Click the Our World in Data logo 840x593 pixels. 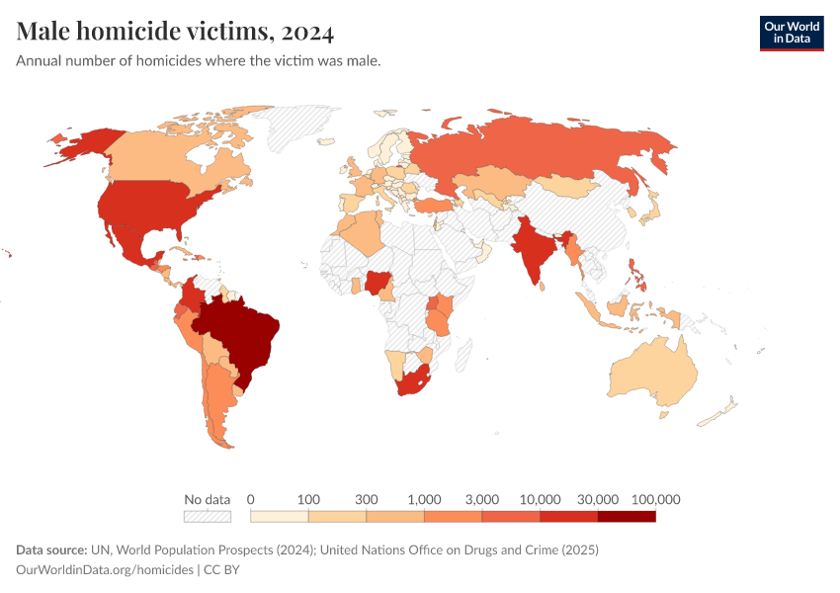pyautogui.click(x=791, y=33)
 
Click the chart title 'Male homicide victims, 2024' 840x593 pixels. pyautogui.click(x=175, y=32)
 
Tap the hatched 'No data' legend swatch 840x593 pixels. pyautogui.click(x=207, y=516)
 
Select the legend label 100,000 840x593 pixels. pyautogui.click(x=655, y=499)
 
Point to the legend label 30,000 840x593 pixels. pyautogui.click(x=598, y=499)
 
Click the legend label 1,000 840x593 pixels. pyautogui.click(x=424, y=499)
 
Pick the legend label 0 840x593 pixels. pyautogui.click(x=251, y=499)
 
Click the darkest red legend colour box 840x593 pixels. pyautogui.click(x=627, y=516)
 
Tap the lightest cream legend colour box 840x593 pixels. pyautogui.click(x=280, y=516)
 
